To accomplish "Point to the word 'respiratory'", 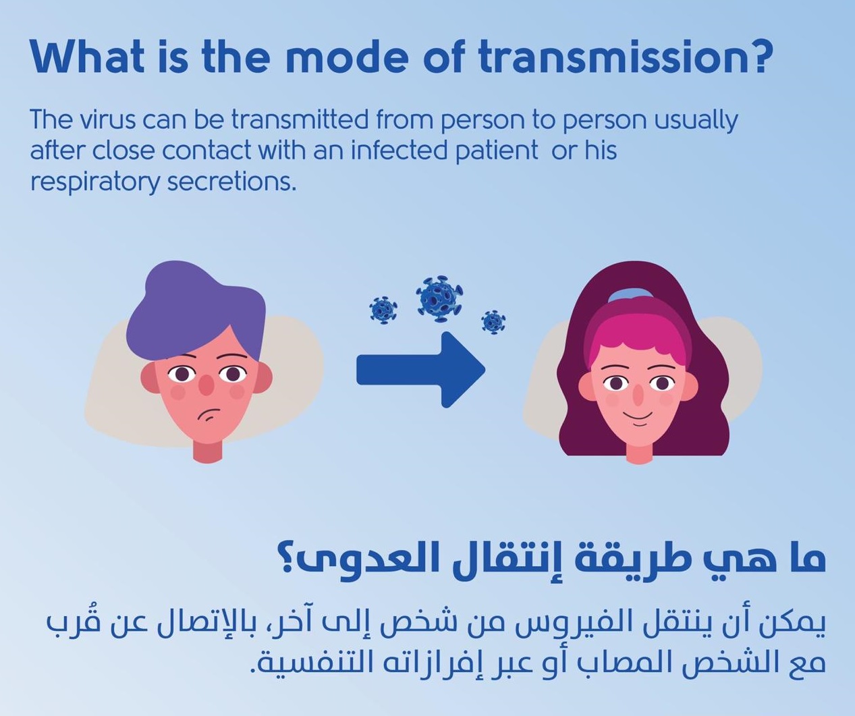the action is click(x=95, y=183).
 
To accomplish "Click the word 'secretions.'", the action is click(x=231, y=182).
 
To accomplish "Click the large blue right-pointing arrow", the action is click(x=421, y=369).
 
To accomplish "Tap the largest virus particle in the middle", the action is click(x=439, y=298).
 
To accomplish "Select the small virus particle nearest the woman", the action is click(x=493, y=323).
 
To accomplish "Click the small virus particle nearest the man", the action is click(x=383, y=310).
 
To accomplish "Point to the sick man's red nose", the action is click(x=206, y=384).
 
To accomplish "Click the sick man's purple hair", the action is click(x=195, y=311).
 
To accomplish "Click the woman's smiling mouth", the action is click(x=638, y=418).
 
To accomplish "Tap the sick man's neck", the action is click(x=208, y=452).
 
